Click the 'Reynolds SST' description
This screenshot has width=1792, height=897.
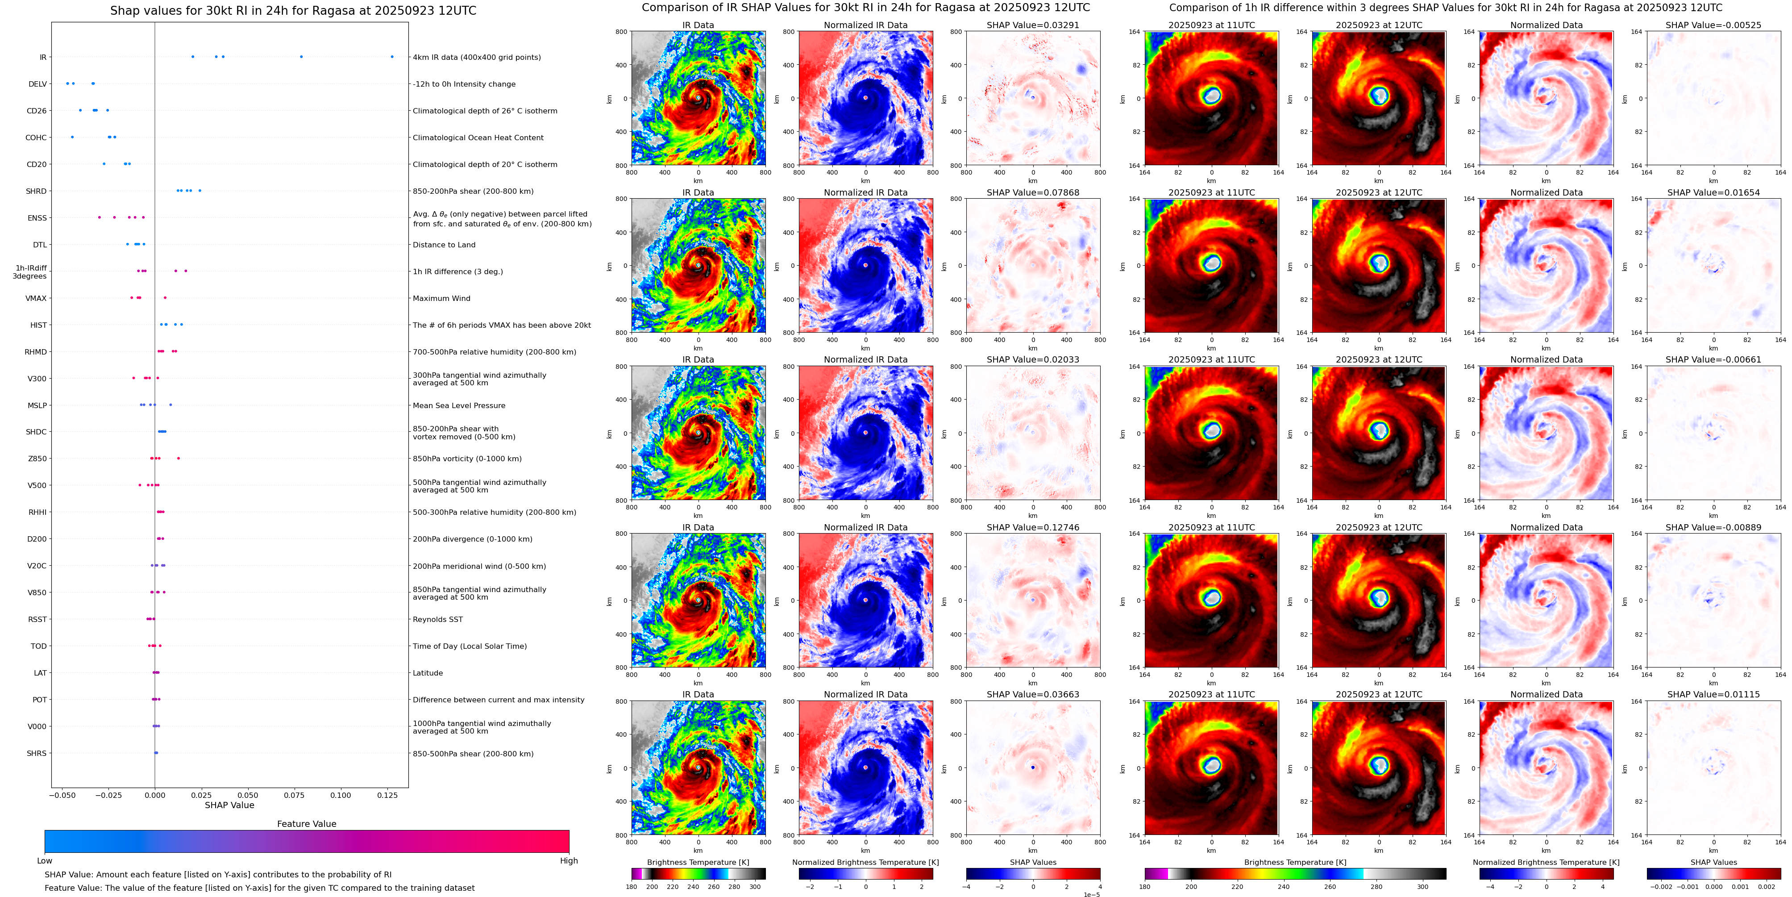tap(437, 619)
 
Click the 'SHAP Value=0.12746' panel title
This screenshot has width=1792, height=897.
tap(1032, 527)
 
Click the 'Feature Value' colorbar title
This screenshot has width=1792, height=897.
tap(306, 824)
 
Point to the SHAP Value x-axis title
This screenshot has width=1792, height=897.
tap(229, 805)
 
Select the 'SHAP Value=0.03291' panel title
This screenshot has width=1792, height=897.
tap(1032, 25)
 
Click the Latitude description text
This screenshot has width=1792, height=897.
tap(427, 673)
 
